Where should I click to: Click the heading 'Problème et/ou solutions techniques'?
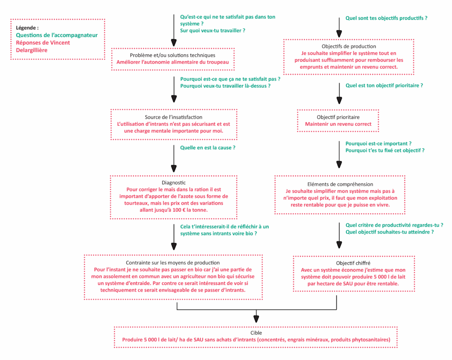click(173, 55)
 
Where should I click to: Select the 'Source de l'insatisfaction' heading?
click(173, 117)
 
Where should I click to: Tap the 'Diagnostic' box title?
click(173, 182)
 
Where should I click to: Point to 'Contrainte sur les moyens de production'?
click(173, 262)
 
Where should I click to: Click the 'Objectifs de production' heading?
click(349, 46)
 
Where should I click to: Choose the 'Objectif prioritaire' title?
click(338, 117)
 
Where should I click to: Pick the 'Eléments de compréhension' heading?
click(340, 184)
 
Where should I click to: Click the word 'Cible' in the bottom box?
click(256, 333)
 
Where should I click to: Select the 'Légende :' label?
click(27, 27)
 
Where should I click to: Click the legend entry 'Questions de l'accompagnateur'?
click(57, 35)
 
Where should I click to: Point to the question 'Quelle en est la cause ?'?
click(207, 147)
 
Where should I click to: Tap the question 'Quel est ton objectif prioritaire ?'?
click(384, 85)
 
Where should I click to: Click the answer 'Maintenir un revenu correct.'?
click(338, 124)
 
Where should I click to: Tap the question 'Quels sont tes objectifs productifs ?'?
click(387, 19)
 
